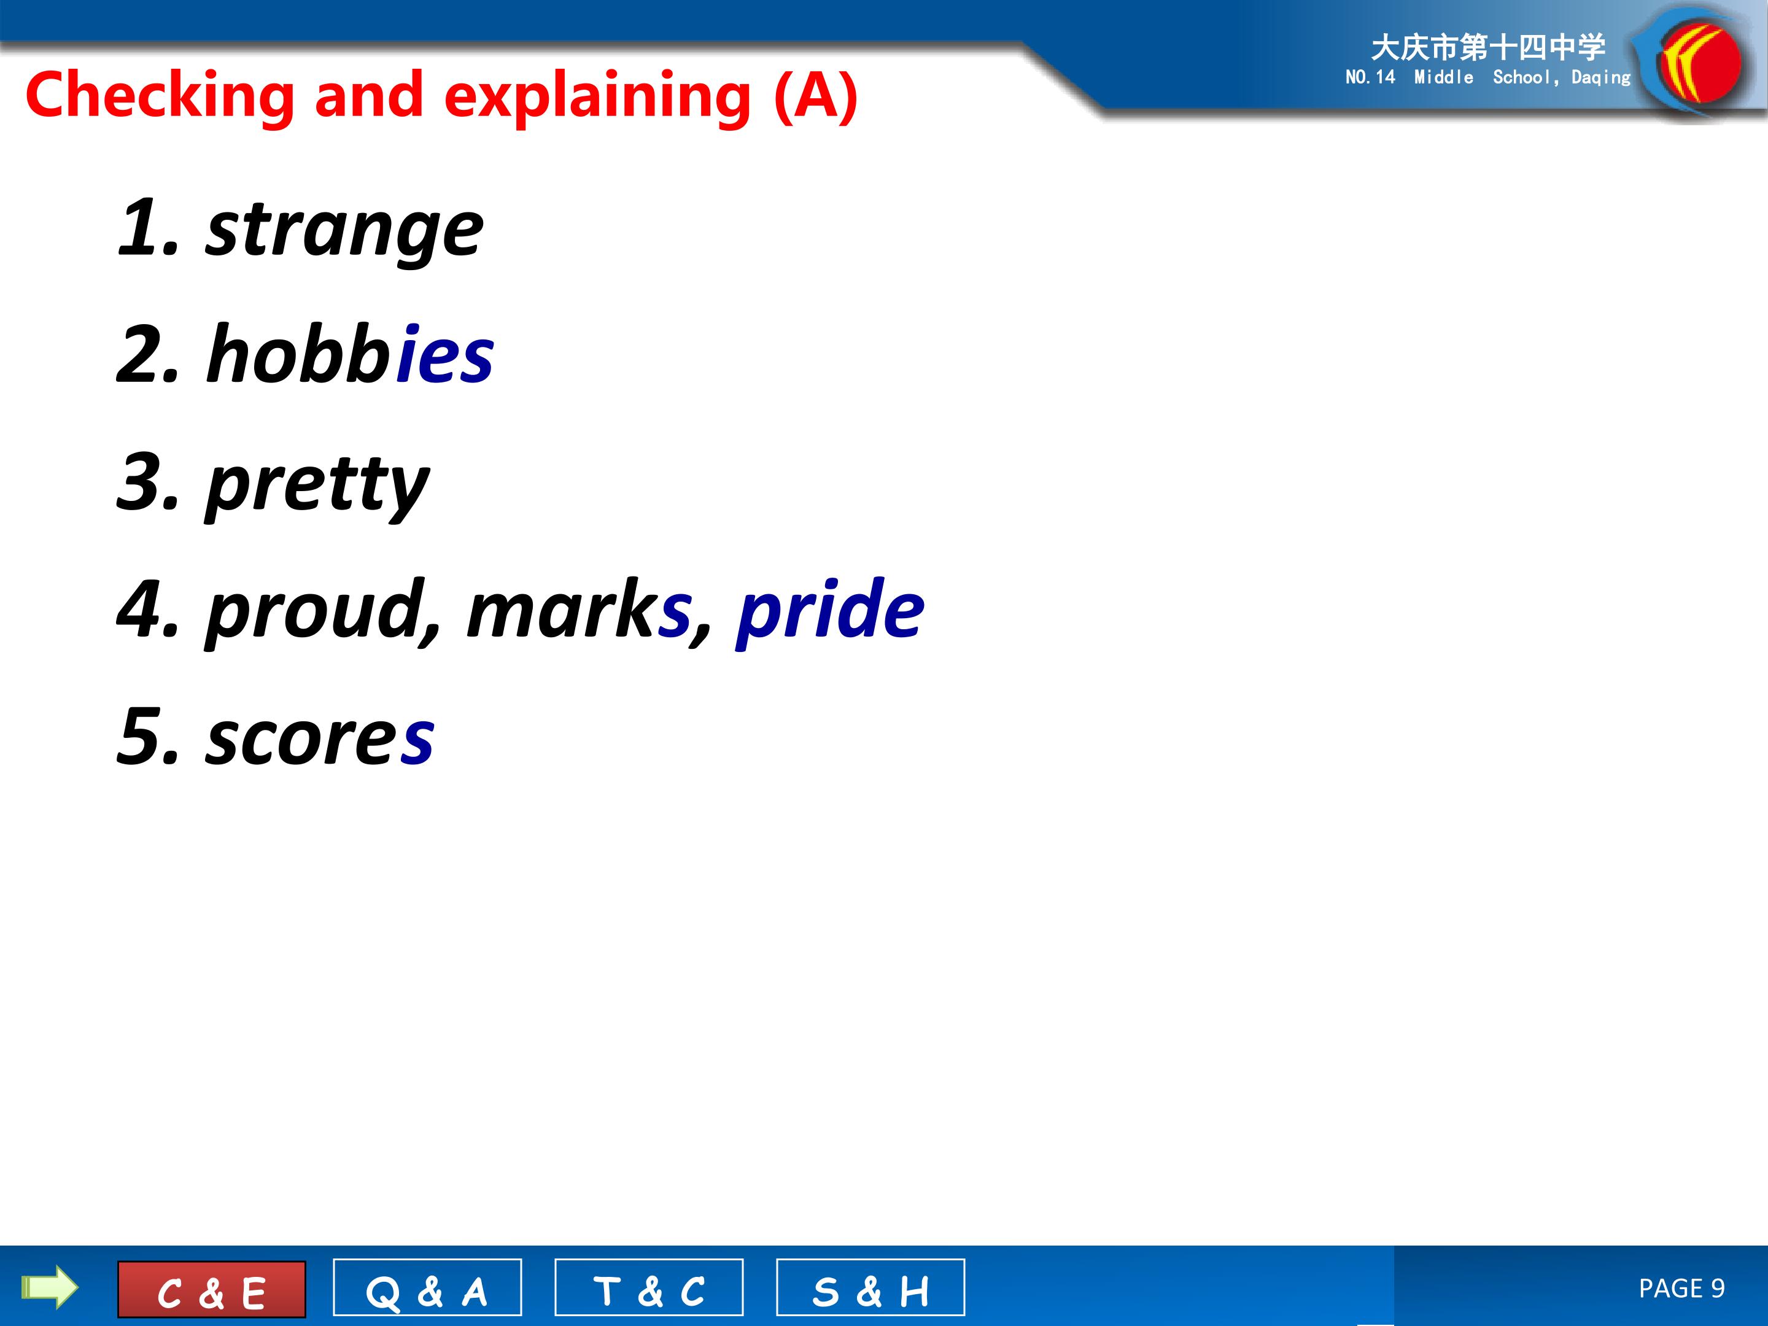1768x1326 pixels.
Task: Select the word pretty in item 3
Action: pos(317,484)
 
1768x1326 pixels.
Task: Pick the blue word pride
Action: pos(829,609)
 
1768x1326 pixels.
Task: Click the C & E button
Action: pos(212,1289)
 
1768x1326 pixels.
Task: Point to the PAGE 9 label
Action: pos(1681,1289)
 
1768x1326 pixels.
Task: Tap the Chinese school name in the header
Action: pos(1488,48)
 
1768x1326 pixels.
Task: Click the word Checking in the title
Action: pos(160,96)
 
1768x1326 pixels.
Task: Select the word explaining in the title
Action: pos(598,96)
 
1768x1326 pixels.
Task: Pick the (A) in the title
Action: pos(816,96)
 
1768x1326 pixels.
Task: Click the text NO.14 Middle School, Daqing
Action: pos(1488,77)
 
